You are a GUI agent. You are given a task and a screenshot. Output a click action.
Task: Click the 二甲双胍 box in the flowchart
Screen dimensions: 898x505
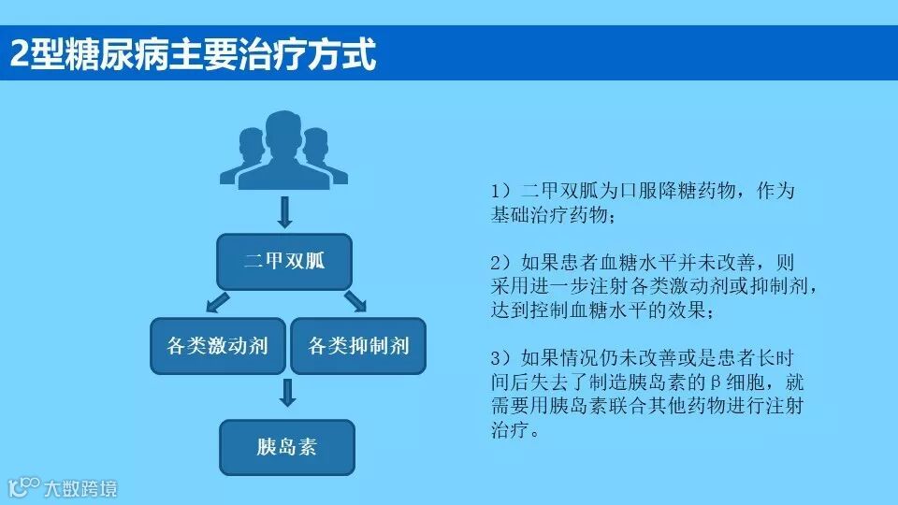pos(284,261)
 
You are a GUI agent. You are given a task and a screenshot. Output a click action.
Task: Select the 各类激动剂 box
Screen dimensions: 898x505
pos(217,346)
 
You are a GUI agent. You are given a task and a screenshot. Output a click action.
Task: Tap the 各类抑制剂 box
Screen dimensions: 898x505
pos(358,346)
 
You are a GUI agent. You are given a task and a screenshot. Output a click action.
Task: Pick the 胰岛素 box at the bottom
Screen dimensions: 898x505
pos(286,446)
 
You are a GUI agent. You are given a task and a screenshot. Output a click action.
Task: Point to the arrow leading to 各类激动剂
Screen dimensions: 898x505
pos(218,301)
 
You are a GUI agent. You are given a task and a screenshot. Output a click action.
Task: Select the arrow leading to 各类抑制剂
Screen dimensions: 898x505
pos(355,301)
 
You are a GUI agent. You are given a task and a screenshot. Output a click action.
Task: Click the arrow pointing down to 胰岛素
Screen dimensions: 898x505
pos(287,392)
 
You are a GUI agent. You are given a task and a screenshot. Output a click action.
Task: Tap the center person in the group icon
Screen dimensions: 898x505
pos(284,150)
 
